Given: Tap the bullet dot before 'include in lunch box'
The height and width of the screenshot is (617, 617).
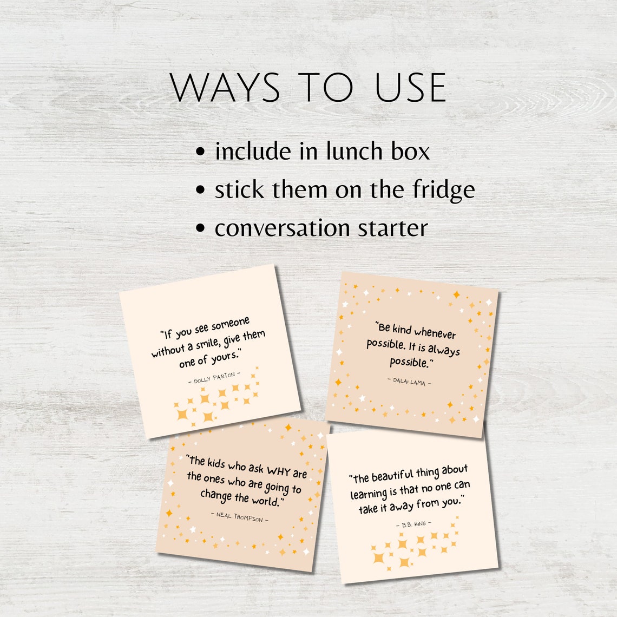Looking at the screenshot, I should pyautogui.click(x=201, y=152).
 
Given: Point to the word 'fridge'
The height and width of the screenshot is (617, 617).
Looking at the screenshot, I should pyautogui.click(x=444, y=189).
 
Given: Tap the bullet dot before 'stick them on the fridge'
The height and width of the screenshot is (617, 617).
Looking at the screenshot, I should pyautogui.click(x=201, y=191).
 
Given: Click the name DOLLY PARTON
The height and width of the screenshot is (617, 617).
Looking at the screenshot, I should pyautogui.click(x=214, y=377).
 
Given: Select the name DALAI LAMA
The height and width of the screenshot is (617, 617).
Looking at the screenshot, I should pyautogui.click(x=410, y=382).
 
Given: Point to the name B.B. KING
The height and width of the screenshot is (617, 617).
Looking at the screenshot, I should pyautogui.click(x=414, y=524).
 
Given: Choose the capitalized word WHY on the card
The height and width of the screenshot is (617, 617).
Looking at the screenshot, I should pyautogui.click(x=278, y=471).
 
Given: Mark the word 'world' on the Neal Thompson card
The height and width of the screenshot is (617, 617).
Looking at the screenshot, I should pyautogui.click(x=265, y=500).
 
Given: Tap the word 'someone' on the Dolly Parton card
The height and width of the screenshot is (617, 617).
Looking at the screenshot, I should pyautogui.click(x=230, y=325).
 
